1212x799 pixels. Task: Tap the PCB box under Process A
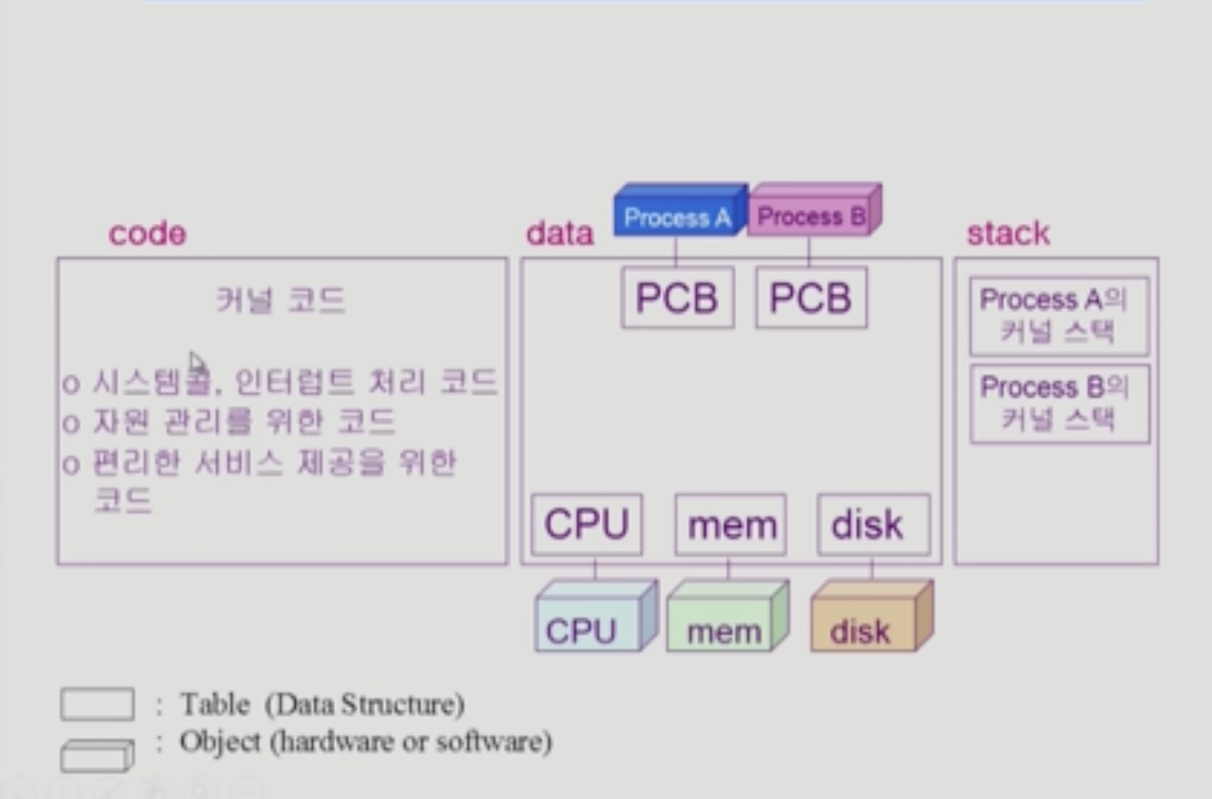677,298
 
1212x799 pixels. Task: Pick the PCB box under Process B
811,298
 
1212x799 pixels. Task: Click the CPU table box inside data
586,525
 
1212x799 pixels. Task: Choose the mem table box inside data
731,525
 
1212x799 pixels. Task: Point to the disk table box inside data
872,525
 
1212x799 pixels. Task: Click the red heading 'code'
147,234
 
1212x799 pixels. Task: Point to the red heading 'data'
560,234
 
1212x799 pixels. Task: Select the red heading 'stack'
1008,234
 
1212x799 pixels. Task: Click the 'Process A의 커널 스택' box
1059,316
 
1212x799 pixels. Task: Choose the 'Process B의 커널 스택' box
1059,403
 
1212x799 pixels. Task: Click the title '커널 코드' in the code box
281,301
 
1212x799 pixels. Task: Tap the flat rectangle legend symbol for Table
97,704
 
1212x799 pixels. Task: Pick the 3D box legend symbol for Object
97,754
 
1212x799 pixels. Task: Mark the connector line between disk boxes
872,569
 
